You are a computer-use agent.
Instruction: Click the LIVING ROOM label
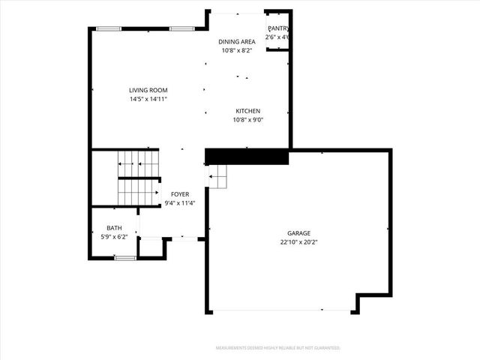coord(148,89)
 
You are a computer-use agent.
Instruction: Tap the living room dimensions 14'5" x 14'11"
coord(148,98)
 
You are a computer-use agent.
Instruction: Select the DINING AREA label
coord(237,42)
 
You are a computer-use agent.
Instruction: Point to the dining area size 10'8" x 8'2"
coord(237,51)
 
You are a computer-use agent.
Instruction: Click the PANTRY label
coord(278,28)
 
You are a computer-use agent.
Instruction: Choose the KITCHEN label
coord(247,110)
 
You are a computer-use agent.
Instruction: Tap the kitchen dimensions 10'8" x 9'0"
coord(247,119)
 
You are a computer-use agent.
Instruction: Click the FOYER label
coord(180,193)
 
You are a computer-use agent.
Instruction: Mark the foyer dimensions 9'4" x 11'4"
coord(180,202)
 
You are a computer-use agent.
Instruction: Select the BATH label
coord(114,228)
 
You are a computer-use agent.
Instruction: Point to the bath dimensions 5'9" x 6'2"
coord(114,237)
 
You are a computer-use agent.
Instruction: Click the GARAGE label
coord(298,233)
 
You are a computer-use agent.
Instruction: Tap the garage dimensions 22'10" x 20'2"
coord(298,242)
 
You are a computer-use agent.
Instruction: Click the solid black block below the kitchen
coord(247,156)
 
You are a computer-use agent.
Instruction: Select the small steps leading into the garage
coord(217,181)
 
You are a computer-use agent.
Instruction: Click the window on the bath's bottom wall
coord(125,258)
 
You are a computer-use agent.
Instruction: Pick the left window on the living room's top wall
coord(109,28)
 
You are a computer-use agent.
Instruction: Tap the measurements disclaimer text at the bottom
coord(277,348)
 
